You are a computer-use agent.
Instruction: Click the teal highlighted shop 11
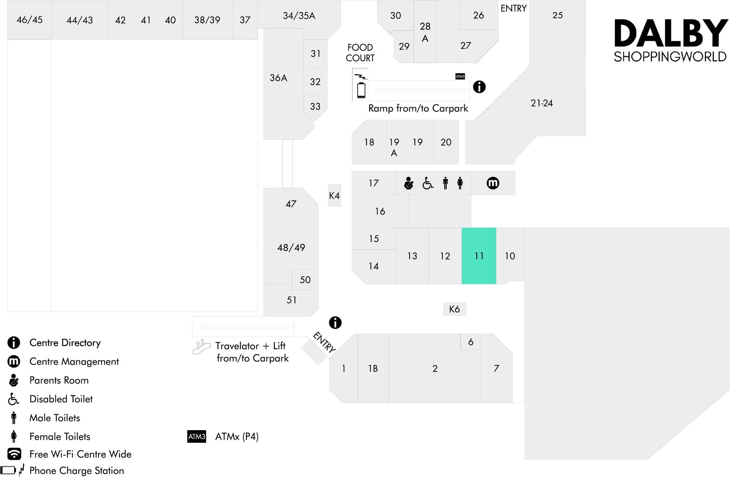479,256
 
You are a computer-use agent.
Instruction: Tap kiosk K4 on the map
334,196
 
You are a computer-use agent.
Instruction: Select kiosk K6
454,309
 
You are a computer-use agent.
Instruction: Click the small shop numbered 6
471,342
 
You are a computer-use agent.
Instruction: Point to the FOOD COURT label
360,52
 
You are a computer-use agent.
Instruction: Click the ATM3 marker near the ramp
460,76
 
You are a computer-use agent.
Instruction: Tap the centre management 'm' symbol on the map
493,183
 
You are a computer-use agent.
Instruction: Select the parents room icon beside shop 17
409,183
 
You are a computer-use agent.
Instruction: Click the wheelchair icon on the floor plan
428,183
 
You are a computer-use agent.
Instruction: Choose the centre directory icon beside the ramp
479,87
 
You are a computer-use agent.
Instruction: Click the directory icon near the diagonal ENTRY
335,323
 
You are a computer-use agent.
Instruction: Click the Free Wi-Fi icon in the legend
14,454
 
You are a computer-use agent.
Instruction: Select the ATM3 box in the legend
197,436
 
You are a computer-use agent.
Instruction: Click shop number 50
305,280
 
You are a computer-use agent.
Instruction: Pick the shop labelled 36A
279,78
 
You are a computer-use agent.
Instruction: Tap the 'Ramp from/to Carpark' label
418,108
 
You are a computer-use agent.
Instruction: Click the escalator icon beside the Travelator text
202,347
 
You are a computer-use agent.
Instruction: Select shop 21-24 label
541,103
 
